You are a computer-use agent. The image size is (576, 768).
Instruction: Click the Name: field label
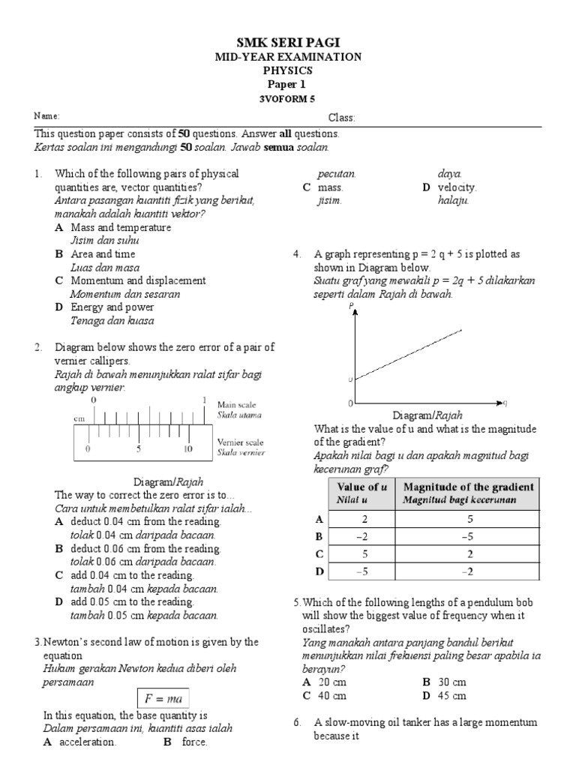coord(45,116)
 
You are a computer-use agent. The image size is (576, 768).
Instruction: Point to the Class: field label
coord(341,118)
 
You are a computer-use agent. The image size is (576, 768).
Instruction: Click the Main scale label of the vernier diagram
coord(236,405)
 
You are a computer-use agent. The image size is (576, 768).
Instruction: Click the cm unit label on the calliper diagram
coord(79,418)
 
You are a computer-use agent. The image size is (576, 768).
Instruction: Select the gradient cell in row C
coord(468,553)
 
